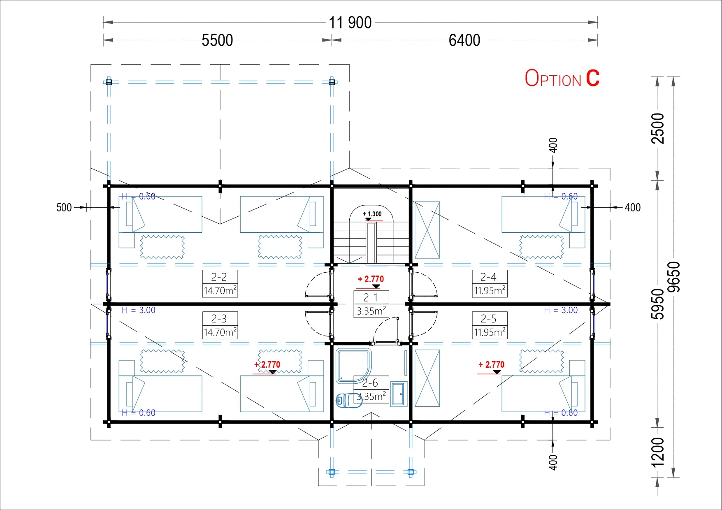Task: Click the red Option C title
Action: pyautogui.click(x=562, y=78)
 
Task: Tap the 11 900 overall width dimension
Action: pyautogui.click(x=350, y=23)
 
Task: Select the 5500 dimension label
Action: pyautogui.click(x=217, y=40)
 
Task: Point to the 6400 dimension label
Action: pyautogui.click(x=464, y=40)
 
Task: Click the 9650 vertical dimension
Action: pyautogui.click(x=673, y=277)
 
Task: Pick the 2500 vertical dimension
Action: pyautogui.click(x=658, y=128)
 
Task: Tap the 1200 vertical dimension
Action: pyautogui.click(x=658, y=452)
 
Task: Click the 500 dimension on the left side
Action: pyautogui.click(x=64, y=207)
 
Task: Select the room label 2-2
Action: pyautogui.click(x=219, y=277)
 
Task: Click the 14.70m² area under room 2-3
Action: pyautogui.click(x=220, y=332)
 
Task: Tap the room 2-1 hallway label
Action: pyautogui.click(x=370, y=297)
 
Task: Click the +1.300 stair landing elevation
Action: pyautogui.click(x=372, y=214)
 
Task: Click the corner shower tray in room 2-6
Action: pyautogui.click(x=353, y=366)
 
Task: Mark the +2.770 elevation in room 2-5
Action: pyautogui.click(x=491, y=365)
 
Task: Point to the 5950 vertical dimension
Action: pyautogui.click(x=658, y=304)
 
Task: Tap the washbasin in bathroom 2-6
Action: pyautogui.click(x=399, y=394)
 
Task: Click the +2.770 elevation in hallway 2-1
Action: pyautogui.click(x=371, y=279)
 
